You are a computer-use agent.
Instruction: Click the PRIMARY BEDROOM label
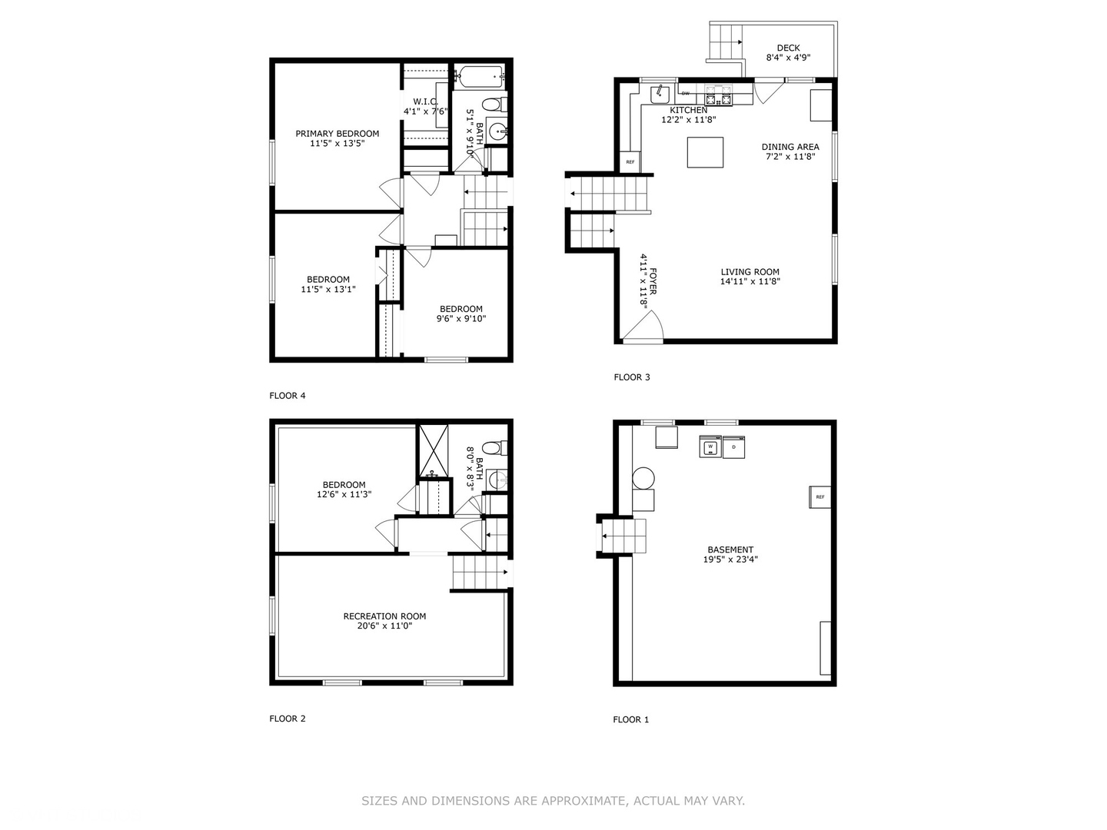coord(337,134)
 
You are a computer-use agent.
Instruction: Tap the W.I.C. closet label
coord(425,101)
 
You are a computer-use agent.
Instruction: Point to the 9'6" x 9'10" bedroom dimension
coord(461,319)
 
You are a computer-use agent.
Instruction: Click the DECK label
coord(788,48)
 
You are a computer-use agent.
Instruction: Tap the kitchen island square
coord(705,152)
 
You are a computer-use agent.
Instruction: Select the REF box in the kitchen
coord(630,162)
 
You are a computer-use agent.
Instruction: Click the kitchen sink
coord(660,95)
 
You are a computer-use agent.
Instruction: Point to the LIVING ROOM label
coord(750,272)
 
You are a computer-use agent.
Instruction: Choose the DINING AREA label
coord(790,147)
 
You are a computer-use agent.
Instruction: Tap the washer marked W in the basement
coord(710,447)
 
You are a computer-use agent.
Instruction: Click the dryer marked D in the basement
coord(734,447)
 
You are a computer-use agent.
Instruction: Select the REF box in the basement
coord(819,497)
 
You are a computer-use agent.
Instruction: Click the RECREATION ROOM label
coord(384,616)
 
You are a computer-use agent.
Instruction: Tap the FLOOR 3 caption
coord(632,377)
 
